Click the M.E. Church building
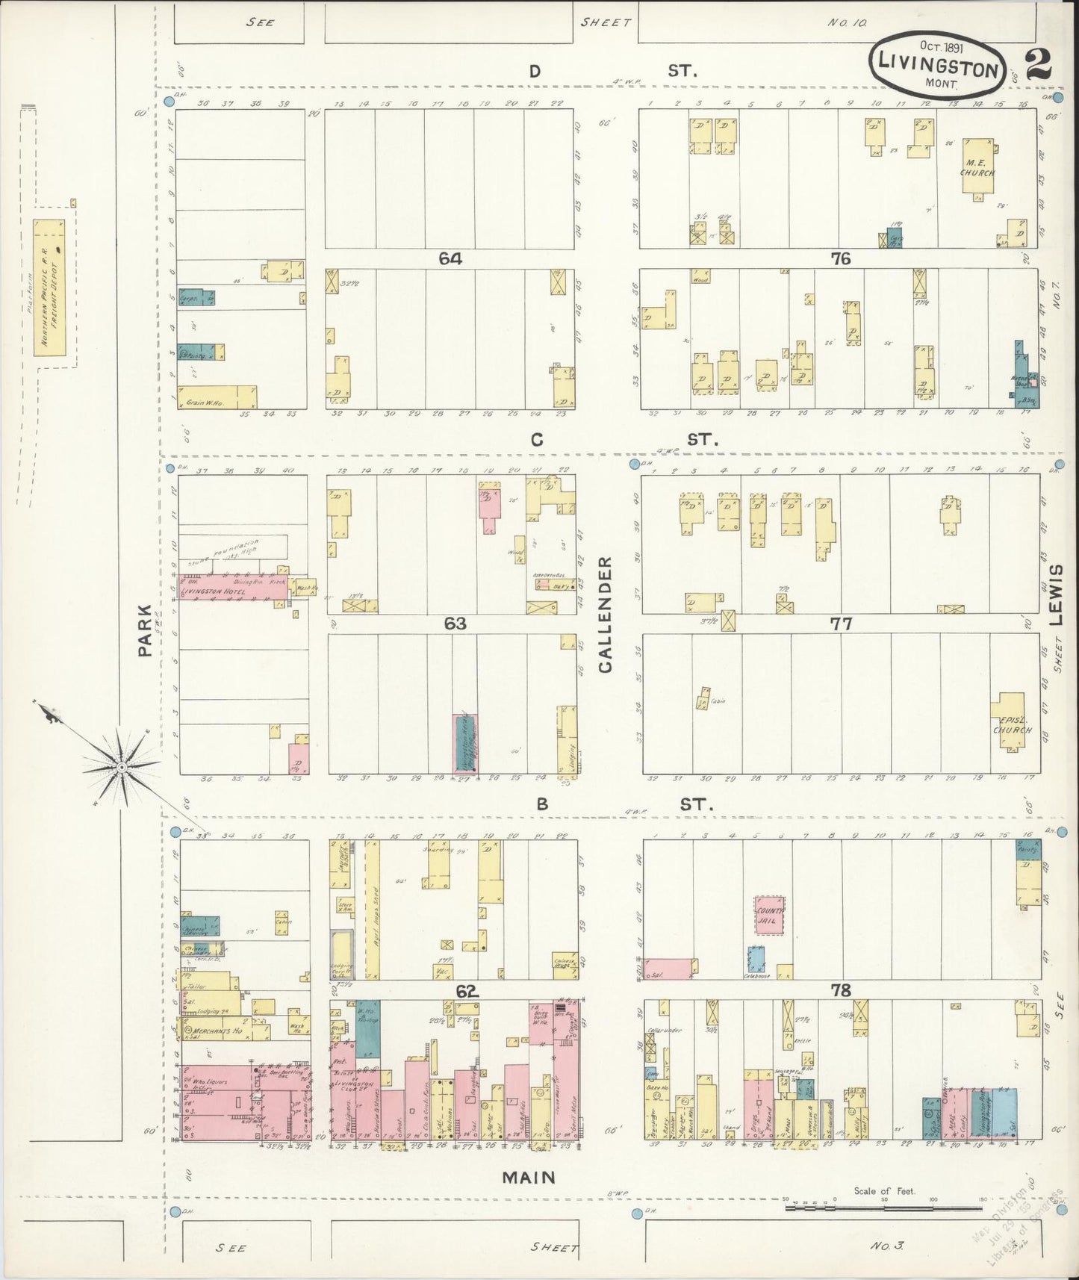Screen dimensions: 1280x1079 click(x=977, y=168)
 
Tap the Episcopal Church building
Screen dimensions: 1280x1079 click(x=1012, y=724)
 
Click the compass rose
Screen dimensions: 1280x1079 click(x=120, y=767)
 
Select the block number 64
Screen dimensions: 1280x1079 click(x=450, y=258)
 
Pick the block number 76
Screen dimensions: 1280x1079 click(x=841, y=258)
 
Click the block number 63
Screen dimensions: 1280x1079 click(x=455, y=623)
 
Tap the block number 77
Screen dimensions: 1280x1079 click(x=841, y=624)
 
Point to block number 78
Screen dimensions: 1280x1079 click(x=841, y=990)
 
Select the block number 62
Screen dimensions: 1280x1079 click(x=466, y=991)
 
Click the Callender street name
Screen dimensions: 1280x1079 click(x=605, y=614)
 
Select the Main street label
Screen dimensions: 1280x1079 click(x=528, y=1178)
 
